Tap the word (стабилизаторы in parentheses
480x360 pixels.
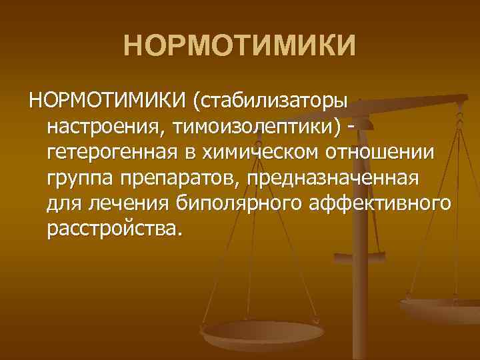click(269, 103)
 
